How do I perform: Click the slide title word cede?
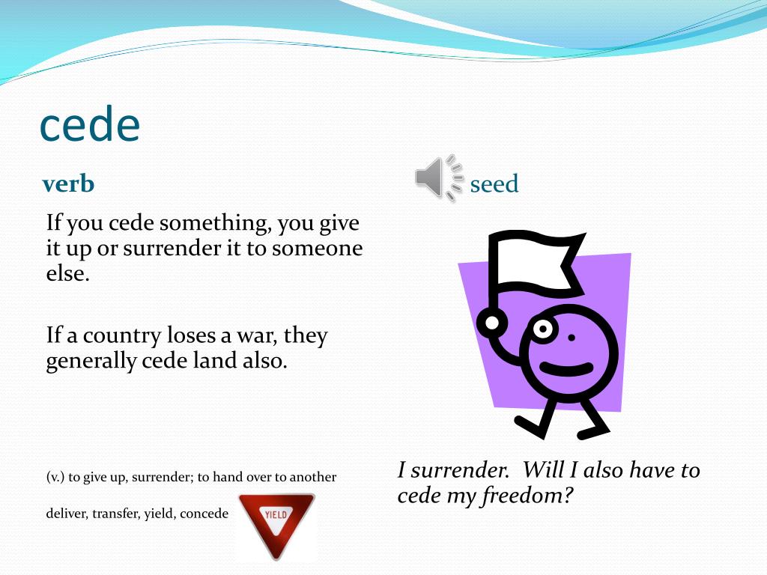pyautogui.click(x=89, y=126)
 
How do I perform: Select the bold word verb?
pyautogui.click(x=69, y=183)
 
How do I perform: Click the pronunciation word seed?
pyautogui.click(x=494, y=184)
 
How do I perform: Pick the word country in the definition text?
pyautogui.click(x=128, y=335)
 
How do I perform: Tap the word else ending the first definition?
pyautogui.click(x=67, y=273)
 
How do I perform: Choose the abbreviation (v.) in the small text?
pyautogui.click(x=55, y=477)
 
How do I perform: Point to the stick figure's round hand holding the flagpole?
pyautogui.click(x=492, y=323)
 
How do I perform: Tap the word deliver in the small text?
pyautogui.click(x=66, y=515)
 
